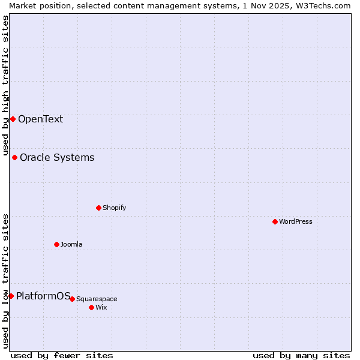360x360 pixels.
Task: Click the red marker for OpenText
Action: (x=13, y=119)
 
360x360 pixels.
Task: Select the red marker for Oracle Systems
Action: (x=14, y=157)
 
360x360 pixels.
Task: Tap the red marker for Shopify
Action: (x=98, y=208)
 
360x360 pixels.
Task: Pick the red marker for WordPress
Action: (x=275, y=221)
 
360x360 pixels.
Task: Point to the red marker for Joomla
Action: (x=56, y=244)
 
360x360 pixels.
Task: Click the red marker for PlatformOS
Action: (x=11, y=296)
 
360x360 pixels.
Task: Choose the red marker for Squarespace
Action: (x=72, y=299)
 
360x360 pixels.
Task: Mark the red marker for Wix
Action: (x=91, y=307)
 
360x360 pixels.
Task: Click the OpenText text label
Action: (x=40, y=119)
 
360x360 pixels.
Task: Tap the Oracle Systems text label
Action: (x=57, y=157)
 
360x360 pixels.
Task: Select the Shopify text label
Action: (x=114, y=208)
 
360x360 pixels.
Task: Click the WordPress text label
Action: (x=296, y=221)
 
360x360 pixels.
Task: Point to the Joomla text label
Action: (x=71, y=244)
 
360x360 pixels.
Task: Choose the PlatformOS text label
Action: (x=43, y=296)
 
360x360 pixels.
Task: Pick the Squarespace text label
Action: (x=97, y=299)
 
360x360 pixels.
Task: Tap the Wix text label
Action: (x=101, y=307)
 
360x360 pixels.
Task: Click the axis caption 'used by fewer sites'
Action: (x=62, y=355)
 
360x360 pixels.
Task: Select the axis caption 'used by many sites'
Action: (x=301, y=355)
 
